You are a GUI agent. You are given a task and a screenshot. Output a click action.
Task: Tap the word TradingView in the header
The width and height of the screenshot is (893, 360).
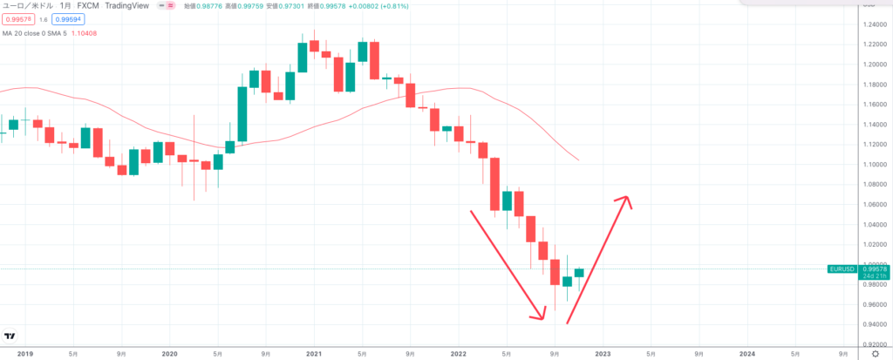(x=128, y=4)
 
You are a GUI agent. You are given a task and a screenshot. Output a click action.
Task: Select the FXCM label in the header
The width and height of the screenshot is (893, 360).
(x=88, y=4)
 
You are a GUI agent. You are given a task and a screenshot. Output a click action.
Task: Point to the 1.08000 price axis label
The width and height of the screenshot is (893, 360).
(x=852, y=184)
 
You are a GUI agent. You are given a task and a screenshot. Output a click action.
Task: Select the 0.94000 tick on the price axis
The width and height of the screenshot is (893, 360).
(x=852, y=324)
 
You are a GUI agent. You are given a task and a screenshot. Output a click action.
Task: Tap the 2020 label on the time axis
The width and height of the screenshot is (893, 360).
(x=170, y=353)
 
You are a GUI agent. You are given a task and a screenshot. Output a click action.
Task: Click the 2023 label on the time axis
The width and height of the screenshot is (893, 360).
(x=602, y=353)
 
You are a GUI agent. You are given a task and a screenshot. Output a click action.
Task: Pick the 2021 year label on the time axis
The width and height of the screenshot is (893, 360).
(x=314, y=353)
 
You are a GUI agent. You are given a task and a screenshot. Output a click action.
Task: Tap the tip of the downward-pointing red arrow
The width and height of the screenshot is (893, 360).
(x=543, y=319)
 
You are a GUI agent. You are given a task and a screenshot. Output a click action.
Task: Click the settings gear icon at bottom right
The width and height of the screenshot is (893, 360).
(x=874, y=353)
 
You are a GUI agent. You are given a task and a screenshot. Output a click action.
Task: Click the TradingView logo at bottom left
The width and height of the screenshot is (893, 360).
(x=10, y=336)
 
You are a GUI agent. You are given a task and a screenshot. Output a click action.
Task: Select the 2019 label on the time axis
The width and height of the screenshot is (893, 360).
(x=25, y=353)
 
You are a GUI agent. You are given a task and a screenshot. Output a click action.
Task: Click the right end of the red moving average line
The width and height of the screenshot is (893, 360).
(x=578, y=160)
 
